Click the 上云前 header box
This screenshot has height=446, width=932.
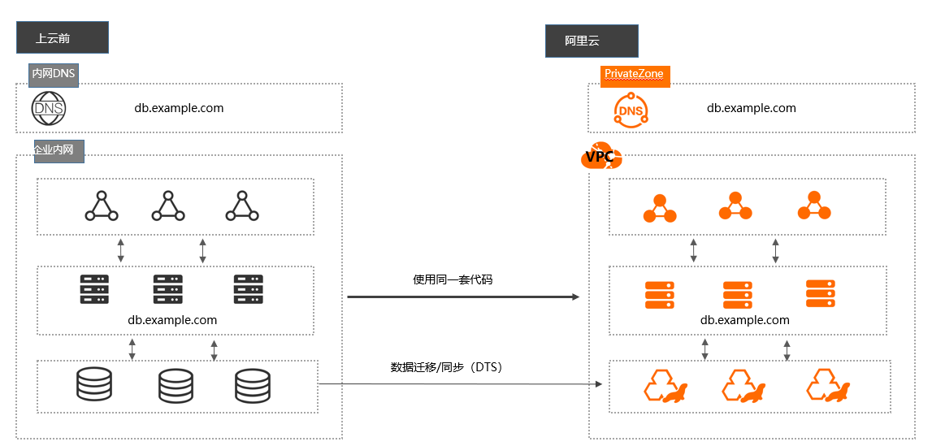(63, 37)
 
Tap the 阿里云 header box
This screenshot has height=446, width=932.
(592, 41)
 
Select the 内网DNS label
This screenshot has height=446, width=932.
(54, 74)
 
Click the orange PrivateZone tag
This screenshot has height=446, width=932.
(635, 75)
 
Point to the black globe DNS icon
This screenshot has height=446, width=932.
(49, 109)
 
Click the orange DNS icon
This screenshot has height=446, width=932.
(631, 110)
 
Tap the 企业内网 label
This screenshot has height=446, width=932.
(59, 151)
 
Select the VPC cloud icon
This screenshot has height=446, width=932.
(601, 156)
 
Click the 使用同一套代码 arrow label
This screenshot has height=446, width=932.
(453, 279)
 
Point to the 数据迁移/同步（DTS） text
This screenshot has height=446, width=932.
(447, 368)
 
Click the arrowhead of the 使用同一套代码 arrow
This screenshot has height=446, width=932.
(575, 297)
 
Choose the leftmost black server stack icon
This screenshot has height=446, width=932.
(94, 289)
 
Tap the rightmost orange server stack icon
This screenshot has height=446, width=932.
(820, 293)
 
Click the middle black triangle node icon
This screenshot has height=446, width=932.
(169, 206)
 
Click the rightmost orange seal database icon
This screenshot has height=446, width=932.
(828, 385)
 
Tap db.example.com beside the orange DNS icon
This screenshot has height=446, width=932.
(752, 108)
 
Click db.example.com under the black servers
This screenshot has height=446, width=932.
(172, 320)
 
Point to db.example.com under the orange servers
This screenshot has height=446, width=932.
(745, 320)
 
